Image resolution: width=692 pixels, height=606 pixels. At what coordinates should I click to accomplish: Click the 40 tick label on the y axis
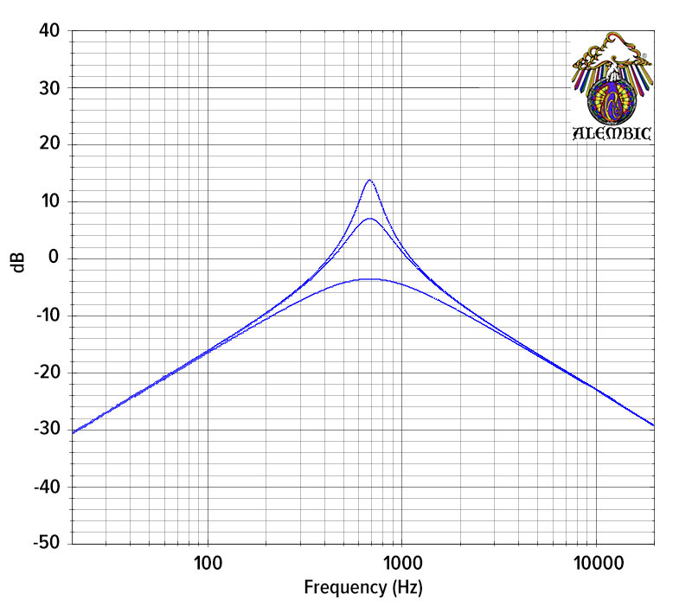point(49,31)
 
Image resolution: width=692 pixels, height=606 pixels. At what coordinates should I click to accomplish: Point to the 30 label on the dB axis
point(49,88)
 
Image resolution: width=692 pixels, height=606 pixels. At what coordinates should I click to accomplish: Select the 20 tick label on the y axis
point(49,144)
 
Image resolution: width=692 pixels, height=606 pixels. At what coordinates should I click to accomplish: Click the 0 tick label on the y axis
point(54,258)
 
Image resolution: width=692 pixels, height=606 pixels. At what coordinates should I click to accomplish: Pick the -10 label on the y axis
point(46,316)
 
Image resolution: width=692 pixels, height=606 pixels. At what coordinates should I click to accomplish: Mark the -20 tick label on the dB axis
point(46,373)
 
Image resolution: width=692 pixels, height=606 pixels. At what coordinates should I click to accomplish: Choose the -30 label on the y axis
point(46,430)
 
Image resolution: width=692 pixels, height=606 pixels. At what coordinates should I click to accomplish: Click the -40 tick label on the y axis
point(46,487)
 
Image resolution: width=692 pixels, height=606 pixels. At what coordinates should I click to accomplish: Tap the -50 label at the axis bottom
point(46,543)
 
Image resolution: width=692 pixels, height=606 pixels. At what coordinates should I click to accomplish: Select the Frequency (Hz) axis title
point(363,589)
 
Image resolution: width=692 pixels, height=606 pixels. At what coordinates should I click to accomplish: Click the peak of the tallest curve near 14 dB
point(369,180)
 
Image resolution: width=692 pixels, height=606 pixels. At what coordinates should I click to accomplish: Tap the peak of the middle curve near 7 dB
point(369,219)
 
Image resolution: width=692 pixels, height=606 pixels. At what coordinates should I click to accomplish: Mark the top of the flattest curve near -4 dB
point(369,279)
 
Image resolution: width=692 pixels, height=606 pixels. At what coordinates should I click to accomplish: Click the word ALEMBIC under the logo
point(612,133)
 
